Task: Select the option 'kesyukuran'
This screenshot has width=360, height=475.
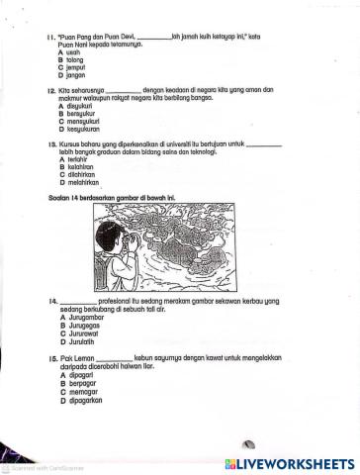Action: coord(78,129)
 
